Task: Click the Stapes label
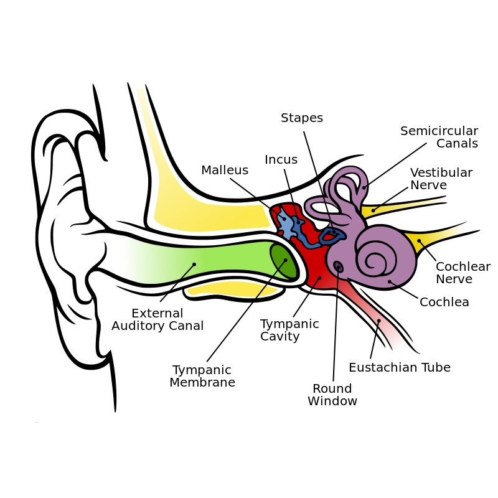302,118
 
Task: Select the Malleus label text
225,170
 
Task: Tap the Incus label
281,160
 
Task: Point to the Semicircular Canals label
439,137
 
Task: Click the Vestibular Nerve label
441,179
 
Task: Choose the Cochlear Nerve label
463,273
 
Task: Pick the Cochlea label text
444,303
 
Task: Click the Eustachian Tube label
399,367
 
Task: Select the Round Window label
332,395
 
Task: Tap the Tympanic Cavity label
289,330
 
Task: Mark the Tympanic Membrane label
202,376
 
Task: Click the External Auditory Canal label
157,319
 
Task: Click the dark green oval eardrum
283,260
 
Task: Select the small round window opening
338,267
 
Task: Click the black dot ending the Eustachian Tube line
378,321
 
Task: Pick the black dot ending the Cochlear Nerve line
419,241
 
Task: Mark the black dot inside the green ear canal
194,265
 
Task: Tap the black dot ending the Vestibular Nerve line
374,210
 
